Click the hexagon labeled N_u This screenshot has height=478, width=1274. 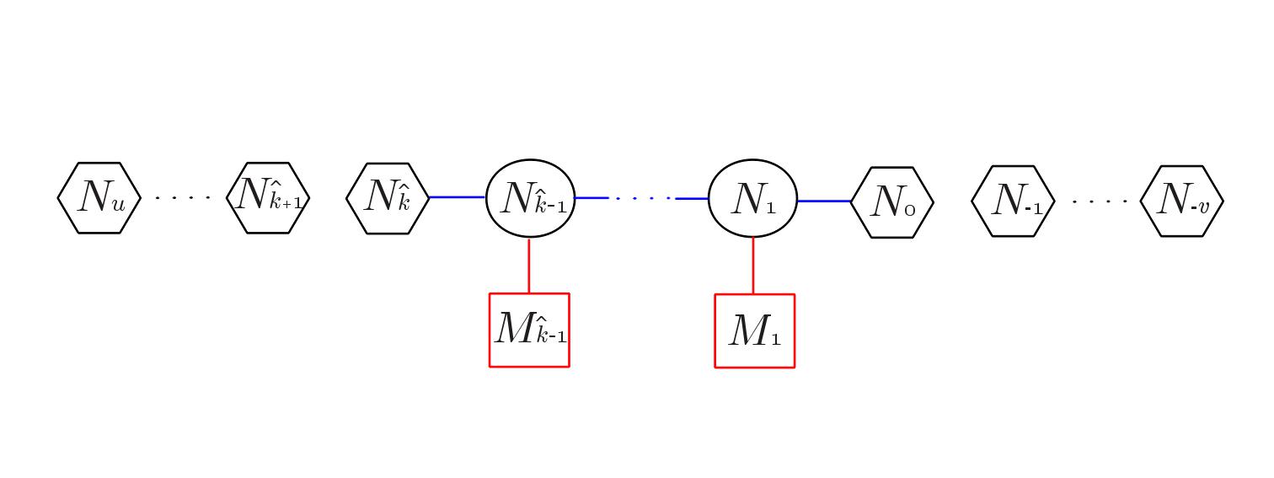click(99, 198)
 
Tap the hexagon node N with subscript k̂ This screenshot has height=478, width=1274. click(388, 198)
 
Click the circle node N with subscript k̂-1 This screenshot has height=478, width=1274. click(530, 198)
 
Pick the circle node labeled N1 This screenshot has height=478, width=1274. click(752, 199)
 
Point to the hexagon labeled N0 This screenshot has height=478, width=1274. click(892, 202)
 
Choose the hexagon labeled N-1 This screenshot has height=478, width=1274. click(1014, 201)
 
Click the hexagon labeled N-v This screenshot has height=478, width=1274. click(1181, 201)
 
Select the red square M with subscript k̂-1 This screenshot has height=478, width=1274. click(529, 330)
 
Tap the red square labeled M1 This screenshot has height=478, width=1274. click(754, 330)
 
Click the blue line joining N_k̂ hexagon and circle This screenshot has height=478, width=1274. click(458, 197)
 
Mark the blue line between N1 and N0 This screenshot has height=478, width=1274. click(823, 201)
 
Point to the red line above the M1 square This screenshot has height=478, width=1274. click(753, 266)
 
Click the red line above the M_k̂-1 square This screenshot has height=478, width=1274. click(529, 266)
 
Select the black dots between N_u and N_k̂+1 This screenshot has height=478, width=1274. click(183, 199)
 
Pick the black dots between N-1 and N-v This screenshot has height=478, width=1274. click(1099, 202)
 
